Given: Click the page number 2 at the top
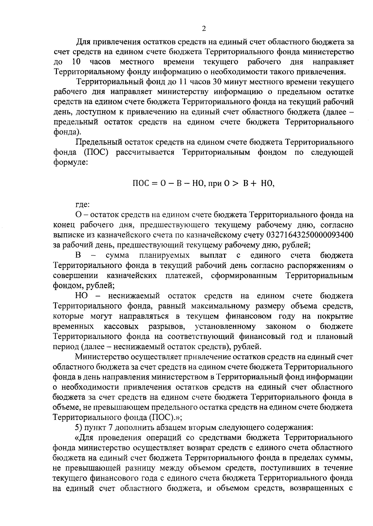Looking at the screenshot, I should pyautogui.click(x=204, y=29).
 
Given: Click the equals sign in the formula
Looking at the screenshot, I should pyautogui.click(x=154, y=183).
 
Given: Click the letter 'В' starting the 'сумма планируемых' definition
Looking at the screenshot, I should pyautogui.click(x=78, y=255).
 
